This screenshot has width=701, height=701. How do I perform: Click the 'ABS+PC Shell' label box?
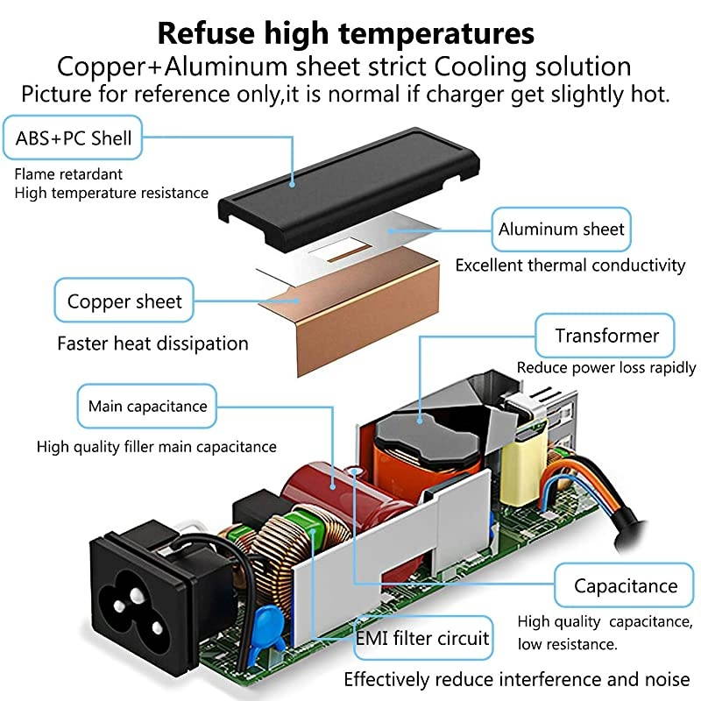74,138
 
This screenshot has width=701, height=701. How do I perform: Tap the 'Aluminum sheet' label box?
562,230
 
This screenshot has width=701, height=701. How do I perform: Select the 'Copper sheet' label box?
124,302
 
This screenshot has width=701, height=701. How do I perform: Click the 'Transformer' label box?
606,336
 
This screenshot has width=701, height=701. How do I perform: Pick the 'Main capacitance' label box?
147,407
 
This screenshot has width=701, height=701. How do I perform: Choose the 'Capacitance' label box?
626,586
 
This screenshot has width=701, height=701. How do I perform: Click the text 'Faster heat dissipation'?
152,343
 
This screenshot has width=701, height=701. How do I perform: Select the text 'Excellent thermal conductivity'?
570,265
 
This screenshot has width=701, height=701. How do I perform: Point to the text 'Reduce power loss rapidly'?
606,368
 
